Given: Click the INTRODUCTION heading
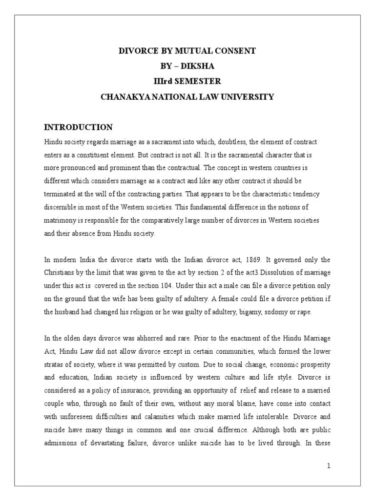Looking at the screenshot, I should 78,127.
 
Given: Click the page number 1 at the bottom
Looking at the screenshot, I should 329,465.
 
